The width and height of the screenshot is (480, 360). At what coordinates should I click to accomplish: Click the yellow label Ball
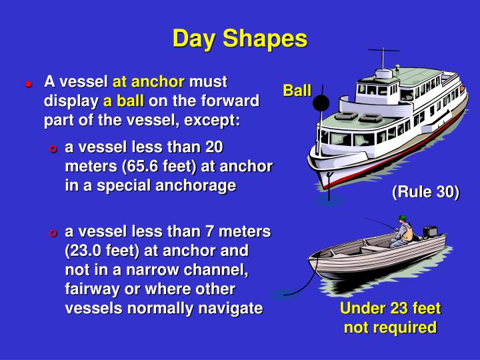click(297, 90)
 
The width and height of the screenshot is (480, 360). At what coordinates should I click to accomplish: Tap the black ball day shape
click(321, 103)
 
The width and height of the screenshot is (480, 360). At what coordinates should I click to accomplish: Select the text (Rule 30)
click(425, 193)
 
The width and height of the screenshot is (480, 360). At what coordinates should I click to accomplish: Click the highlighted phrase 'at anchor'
click(148, 82)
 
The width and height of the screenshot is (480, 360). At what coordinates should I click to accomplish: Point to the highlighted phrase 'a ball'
click(123, 102)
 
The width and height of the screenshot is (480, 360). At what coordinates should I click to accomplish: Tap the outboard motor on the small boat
click(430, 233)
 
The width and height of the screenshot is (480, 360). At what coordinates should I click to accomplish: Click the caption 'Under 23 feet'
click(390, 309)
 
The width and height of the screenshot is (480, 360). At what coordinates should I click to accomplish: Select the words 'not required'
click(390, 327)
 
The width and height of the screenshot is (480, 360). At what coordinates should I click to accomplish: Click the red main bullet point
click(29, 84)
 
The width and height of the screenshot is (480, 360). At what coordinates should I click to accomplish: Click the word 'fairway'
click(92, 289)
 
